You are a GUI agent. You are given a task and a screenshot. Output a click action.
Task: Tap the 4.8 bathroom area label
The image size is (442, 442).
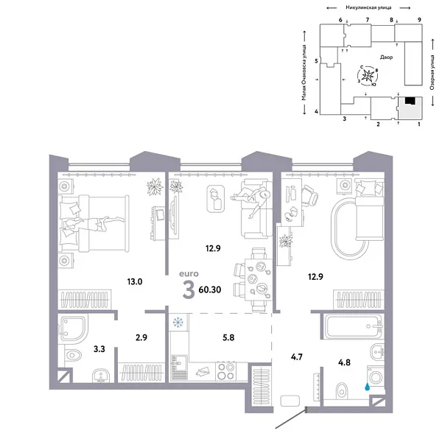[x=344, y=362]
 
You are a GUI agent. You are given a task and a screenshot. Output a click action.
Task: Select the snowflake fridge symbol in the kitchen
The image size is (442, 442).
[x=177, y=322]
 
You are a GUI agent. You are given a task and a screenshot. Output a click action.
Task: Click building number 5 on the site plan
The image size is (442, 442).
[x=316, y=61]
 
